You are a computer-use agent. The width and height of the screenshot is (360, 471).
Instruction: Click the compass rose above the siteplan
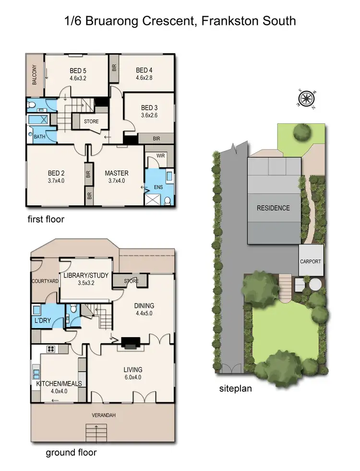click(x=305, y=99)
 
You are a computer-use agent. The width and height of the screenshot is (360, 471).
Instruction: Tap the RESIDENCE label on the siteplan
click(x=273, y=208)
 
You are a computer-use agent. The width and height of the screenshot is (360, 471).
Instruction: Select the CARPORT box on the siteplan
click(x=311, y=261)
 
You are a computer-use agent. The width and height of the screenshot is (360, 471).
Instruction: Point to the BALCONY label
click(x=35, y=75)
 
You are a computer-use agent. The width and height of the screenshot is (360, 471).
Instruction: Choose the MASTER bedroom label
click(x=117, y=173)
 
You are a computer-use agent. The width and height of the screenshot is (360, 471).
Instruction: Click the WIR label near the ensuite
click(x=160, y=156)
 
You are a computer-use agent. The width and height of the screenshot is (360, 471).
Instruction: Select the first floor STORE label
click(x=91, y=121)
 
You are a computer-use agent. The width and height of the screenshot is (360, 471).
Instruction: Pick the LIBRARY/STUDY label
click(x=86, y=275)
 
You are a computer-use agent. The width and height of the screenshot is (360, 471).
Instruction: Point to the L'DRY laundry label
click(x=42, y=319)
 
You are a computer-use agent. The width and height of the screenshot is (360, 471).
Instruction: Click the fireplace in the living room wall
click(x=130, y=342)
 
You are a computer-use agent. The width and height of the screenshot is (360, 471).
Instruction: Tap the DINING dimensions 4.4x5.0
click(x=144, y=314)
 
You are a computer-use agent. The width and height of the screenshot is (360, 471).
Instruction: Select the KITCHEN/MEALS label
click(x=59, y=384)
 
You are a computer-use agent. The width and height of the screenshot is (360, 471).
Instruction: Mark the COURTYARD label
click(x=44, y=282)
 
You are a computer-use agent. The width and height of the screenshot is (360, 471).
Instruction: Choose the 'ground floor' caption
click(x=71, y=452)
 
